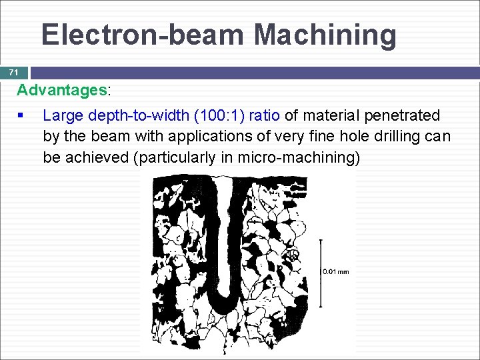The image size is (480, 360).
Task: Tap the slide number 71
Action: pyautogui.click(x=13, y=72)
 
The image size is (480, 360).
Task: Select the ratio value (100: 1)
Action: pyautogui.click(x=221, y=115)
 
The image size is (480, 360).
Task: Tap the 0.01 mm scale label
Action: pyautogui.click(x=336, y=271)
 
